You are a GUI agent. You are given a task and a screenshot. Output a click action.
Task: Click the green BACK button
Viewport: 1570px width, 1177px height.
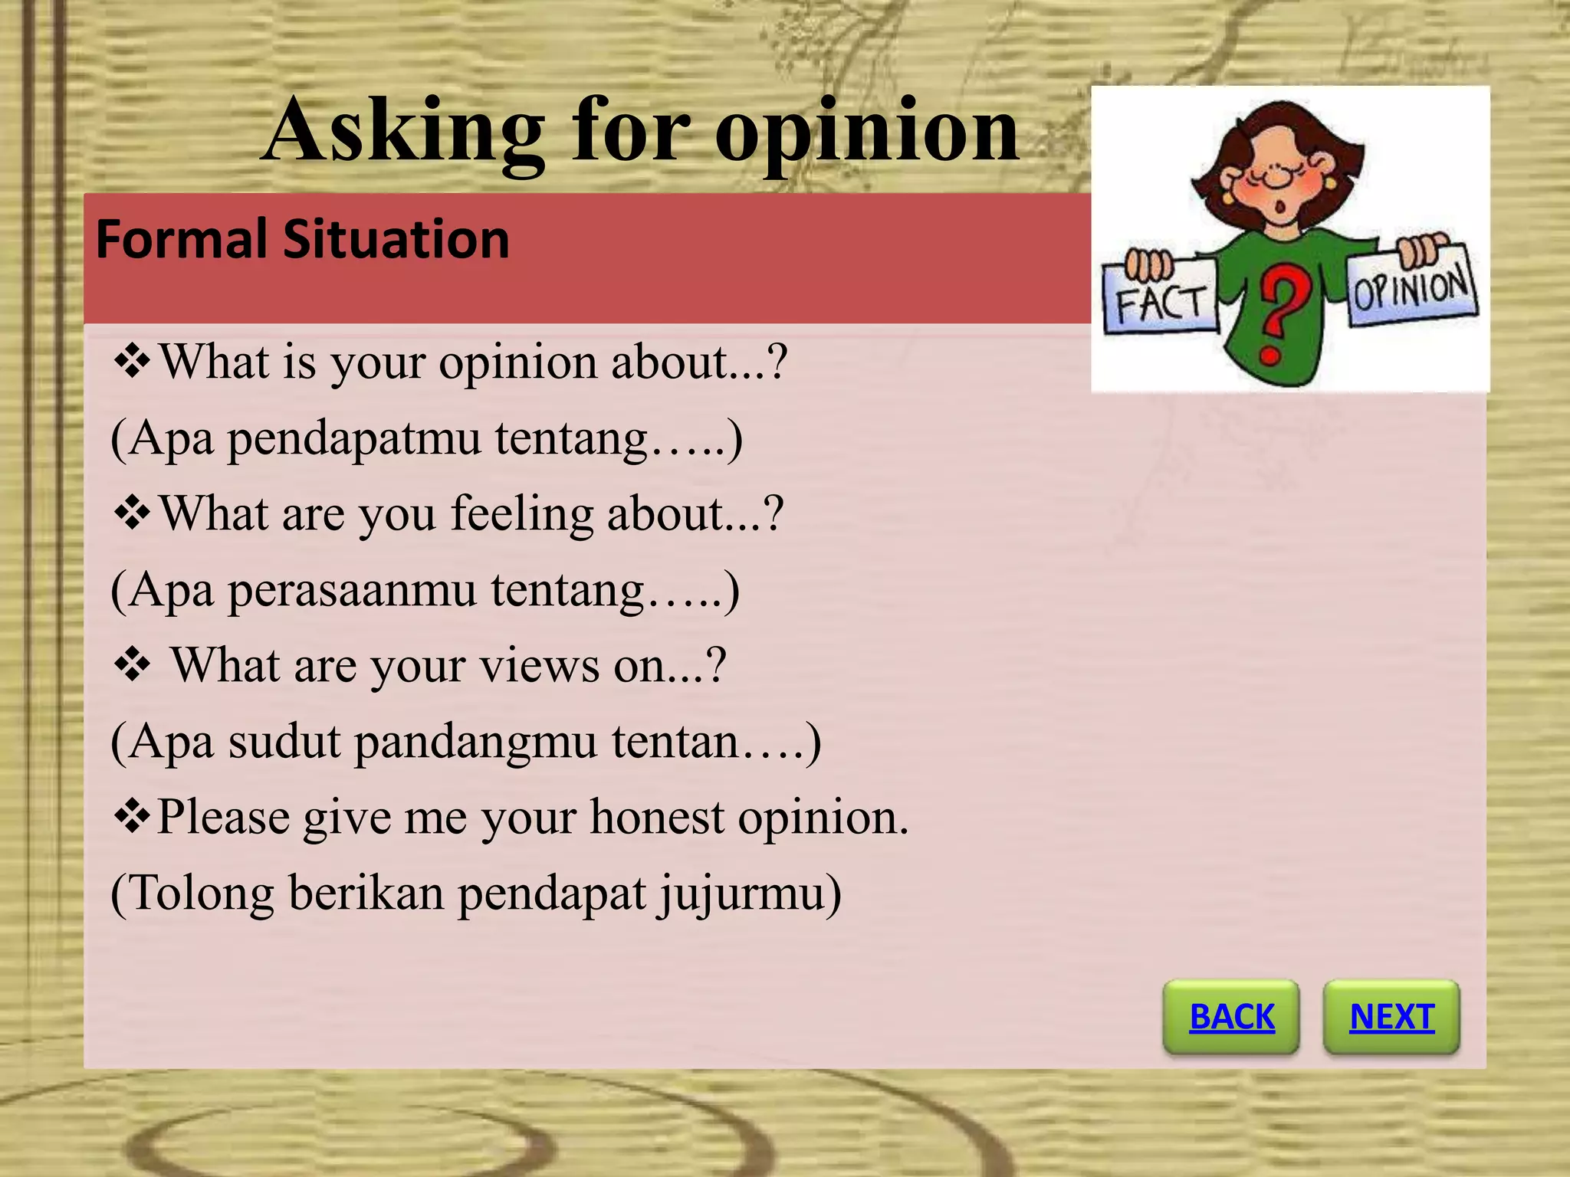point(1231,1017)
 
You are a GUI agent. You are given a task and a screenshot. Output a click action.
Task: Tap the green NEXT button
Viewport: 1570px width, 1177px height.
point(1391,1017)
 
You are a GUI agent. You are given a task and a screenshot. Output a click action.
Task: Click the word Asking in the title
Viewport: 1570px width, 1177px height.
point(404,132)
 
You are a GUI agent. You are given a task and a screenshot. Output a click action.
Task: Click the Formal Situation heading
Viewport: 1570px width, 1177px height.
point(302,240)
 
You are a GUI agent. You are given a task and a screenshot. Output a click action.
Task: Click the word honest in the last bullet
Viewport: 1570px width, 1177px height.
point(657,817)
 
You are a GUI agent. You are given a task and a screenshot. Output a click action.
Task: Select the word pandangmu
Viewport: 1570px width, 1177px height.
point(475,743)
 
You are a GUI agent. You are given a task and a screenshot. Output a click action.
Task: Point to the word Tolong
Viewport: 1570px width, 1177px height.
point(202,894)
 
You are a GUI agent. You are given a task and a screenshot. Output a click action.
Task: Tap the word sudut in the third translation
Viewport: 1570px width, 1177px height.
point(284,743)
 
